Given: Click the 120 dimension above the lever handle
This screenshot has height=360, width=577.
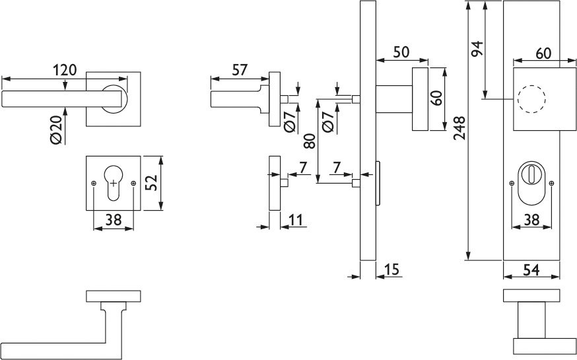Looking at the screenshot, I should [x=66, y=69].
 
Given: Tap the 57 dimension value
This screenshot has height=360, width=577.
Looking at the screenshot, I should [x=240, y=69].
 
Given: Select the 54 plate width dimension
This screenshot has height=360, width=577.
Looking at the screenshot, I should [x=531, y=270].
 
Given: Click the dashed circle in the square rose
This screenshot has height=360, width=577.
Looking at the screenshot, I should [x=532, y=100].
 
